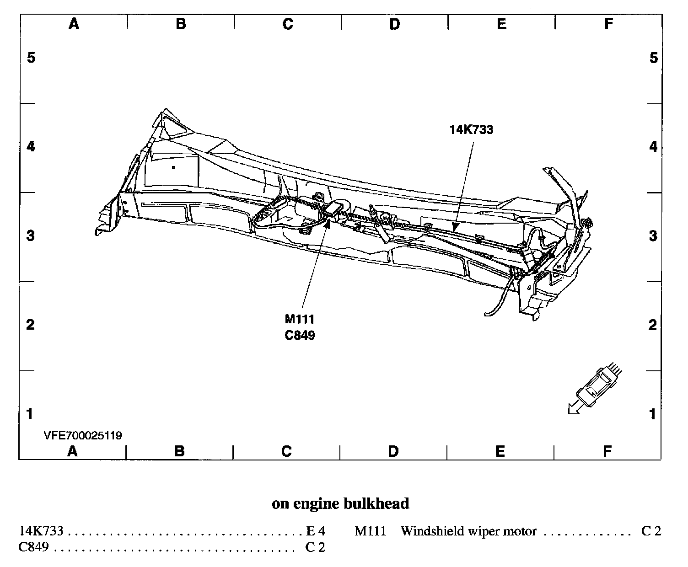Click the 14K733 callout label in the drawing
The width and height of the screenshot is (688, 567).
(x=471, y=130)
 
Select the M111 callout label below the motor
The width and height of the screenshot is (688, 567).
(x=299, y=319)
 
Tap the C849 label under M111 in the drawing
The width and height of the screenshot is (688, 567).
(x=300, y=335)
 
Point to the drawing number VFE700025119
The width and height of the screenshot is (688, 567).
(x=83, y=435)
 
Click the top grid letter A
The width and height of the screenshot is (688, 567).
(x=74, y=24)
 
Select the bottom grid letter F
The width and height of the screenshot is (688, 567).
(x=607, y=452)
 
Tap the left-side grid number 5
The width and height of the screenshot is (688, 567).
(x=31, y=58)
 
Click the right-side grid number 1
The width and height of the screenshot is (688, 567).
(x=653, y=414)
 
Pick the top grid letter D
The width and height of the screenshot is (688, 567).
(x=394, y=24)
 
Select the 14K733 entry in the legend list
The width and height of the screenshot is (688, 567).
(x=41, y=531)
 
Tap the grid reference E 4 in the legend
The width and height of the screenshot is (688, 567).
(x=315, y=531)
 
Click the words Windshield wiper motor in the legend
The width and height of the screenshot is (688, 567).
(x=468, y=531)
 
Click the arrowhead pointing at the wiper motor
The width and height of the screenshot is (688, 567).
(x=327, y=223)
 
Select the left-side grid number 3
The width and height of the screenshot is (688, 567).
(x=31, y=236)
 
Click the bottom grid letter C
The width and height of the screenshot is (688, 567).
(x=286, y=452)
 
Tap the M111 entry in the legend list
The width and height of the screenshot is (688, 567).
(x=370, y=531)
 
